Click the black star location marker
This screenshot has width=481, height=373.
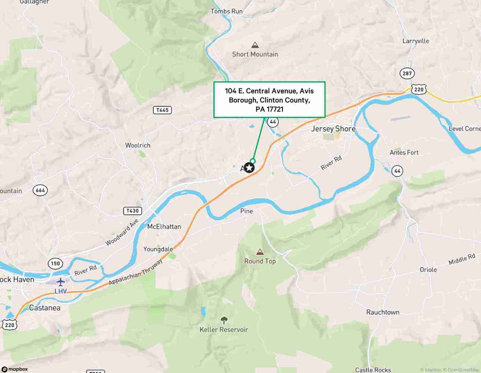coord(249,168)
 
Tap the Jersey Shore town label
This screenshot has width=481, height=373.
coord(333,129)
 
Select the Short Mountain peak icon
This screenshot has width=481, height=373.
coord(255,45)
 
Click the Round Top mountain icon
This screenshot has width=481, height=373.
coord(260,252)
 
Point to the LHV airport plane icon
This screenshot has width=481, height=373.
coord(61,282)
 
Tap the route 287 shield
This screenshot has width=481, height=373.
coord(407,73)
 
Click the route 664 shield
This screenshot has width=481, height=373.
coord(40,190)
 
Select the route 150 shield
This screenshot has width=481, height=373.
coord(55,264)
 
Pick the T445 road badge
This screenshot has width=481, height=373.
coord(162,110)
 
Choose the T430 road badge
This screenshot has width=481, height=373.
coord(133,211)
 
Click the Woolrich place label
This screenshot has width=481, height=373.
coord(138,145)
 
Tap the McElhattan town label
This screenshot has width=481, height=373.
coord(164,227)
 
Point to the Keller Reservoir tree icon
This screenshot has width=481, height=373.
coord(224,320)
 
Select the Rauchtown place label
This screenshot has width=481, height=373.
coord(383,312)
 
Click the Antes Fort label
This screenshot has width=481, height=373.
coord(404,152)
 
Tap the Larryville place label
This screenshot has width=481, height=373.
coord(416,41)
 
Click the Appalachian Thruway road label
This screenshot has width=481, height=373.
coord(136,272)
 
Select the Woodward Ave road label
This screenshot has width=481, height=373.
coord(122,232)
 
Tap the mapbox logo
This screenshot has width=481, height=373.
coord(15,369)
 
